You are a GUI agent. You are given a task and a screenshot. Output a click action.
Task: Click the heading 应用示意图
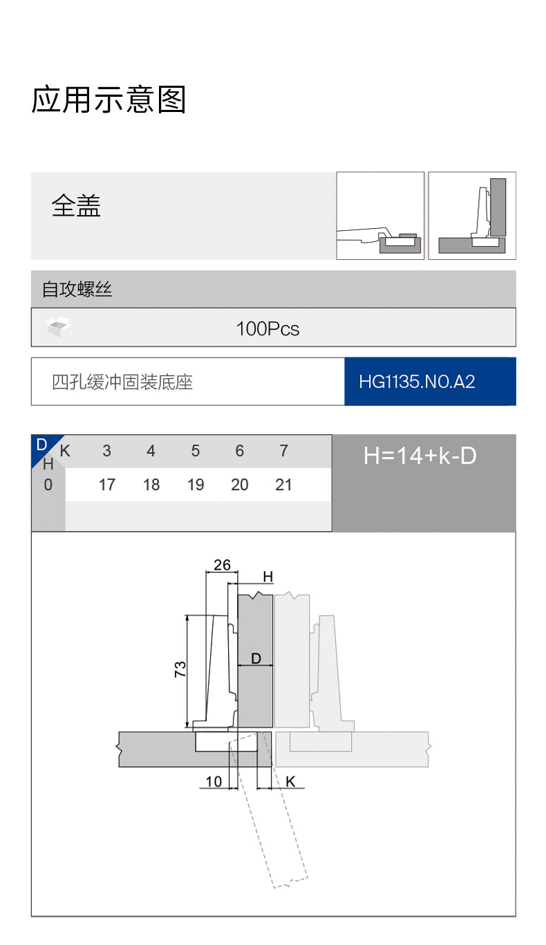[109, 100]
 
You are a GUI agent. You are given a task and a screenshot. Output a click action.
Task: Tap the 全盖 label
[76, 206]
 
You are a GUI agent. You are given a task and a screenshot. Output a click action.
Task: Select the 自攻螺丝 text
[77, 289]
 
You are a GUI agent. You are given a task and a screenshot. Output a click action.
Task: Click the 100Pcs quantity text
[267, 328]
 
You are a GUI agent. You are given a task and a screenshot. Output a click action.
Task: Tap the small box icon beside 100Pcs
[59, 326]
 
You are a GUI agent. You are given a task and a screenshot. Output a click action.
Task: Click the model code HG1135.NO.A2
[417, 382]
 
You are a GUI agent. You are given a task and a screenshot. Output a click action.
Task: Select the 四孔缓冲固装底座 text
[122, 382]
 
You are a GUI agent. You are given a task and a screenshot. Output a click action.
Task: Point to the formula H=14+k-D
[420, 456]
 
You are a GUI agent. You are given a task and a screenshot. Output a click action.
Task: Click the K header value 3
[106, 451]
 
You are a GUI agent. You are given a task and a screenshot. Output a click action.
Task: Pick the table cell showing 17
[107, 485]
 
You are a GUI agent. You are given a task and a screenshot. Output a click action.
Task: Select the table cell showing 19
[196, 485]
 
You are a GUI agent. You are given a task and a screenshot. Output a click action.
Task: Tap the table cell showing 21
[283, 485]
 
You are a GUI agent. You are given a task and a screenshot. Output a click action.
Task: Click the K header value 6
[240, 451]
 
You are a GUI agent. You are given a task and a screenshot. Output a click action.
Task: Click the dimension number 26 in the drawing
[222, 565]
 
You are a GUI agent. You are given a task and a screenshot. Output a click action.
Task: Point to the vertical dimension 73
[180, 669]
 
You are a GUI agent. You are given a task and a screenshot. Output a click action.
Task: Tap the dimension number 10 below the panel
[214, 782]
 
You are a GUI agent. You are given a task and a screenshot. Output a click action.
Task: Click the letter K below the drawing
[290, 782]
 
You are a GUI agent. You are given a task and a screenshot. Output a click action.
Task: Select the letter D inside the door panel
[256, 659]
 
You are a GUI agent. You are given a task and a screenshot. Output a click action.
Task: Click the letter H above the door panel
[268, 577]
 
